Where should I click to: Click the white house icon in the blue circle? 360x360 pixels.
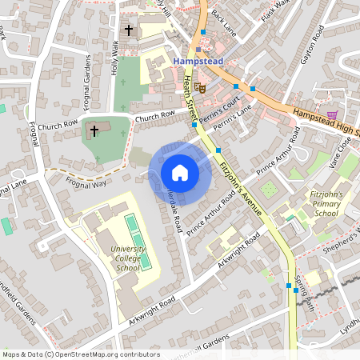pos(180,173)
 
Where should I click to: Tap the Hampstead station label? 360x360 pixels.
pos(198,60)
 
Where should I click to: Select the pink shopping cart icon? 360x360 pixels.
pos(332,116)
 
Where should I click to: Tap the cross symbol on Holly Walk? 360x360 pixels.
pos(128,30)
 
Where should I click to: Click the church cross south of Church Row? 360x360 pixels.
pos(94,130)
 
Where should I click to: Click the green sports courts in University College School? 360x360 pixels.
pos(137,240)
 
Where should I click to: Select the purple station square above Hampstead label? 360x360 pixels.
pos(199,49)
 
